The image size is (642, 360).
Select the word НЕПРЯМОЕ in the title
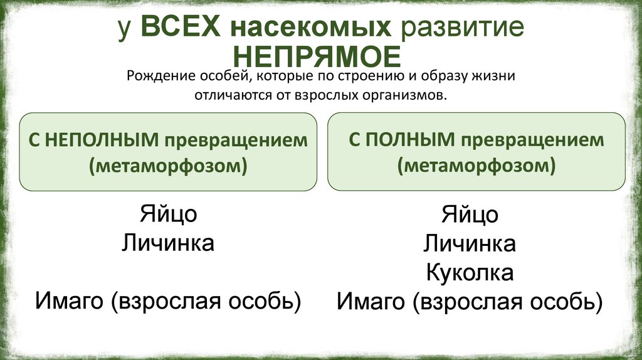[320, 57]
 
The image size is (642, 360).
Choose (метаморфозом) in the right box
[476, 166]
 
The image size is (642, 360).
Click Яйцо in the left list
[168, 214]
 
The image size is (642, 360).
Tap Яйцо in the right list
[470, 214]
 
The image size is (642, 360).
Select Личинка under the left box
[168, 243]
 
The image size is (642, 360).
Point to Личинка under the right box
[470, 243]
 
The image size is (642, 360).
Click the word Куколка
[470, 272]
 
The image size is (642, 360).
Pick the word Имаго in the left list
[69, 301]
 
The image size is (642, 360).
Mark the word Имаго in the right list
[371, 302]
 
